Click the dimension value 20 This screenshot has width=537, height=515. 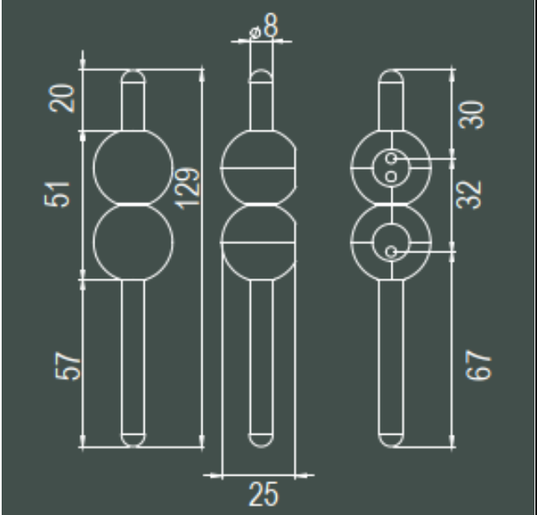(x=62, y=99)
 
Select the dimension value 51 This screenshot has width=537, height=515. (x=57, y=195)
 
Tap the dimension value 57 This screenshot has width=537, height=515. (x=68, y=365)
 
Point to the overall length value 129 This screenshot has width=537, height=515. (x=187, y=189)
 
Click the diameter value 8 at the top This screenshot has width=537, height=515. (x=271, y=25)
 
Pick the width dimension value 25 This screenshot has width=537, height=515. (x=263, y=494)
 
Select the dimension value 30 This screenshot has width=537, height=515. (x=471, y=115)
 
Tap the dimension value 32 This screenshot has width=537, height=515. (x=469, y=195)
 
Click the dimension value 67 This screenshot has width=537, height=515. (x=478, y=365)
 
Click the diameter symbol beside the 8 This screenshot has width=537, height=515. (x=255, y=33)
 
